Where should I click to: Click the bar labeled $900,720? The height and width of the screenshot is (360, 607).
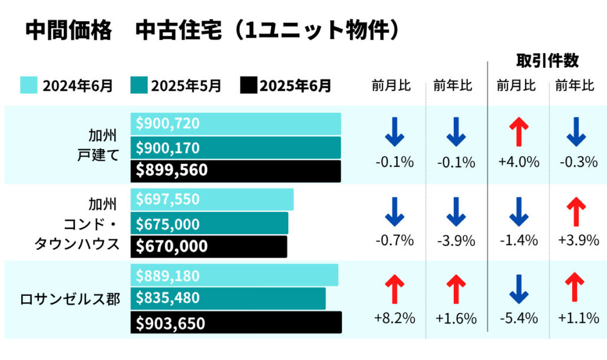coord(236,124)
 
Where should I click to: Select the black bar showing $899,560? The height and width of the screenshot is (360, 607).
coord(236,171)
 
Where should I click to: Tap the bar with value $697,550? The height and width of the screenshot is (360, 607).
coord(212,200)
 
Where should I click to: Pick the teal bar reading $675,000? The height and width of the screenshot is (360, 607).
coord(209,224)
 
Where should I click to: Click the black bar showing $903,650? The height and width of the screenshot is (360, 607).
coord(236,323)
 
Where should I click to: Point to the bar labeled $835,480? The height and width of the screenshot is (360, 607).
coord(228,298)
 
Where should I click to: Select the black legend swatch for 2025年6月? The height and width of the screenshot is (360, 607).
coord(248,85)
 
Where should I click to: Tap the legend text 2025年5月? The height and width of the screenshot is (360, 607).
coord(186,86)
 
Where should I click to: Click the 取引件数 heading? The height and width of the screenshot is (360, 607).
coord(547,61)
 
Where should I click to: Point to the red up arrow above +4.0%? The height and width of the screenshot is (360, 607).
coord(519,132)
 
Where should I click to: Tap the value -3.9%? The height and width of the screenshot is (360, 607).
coord(456,240)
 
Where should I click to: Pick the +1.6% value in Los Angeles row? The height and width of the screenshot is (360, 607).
coord(456,319)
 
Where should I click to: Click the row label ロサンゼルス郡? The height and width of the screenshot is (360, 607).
coord(70,299)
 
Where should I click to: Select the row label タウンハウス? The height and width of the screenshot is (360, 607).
coord(76,244)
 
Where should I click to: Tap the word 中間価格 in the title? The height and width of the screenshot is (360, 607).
coord(68,31)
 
